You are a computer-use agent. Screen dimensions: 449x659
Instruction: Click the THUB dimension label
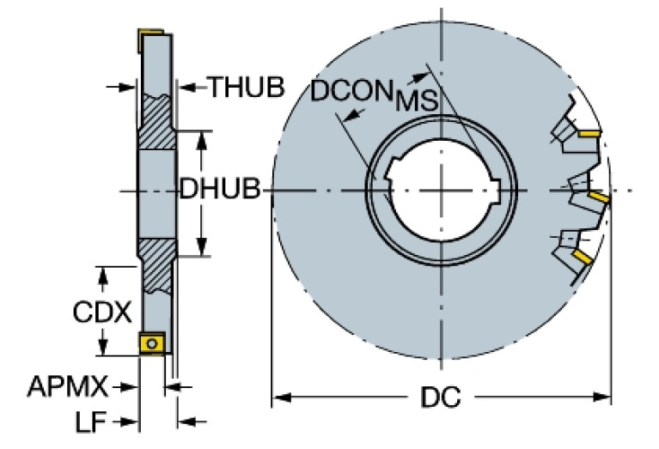click(247, 87)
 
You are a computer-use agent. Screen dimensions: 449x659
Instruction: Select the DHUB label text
click(219, 190)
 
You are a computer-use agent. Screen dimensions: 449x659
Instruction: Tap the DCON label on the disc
click(349, 92)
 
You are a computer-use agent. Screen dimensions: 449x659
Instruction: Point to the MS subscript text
click(417, 101)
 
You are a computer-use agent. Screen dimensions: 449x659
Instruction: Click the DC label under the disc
click(441, 398)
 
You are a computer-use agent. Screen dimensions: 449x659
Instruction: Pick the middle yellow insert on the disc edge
click(599, 198)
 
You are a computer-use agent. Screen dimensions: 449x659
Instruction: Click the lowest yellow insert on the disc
click(582, 256)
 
